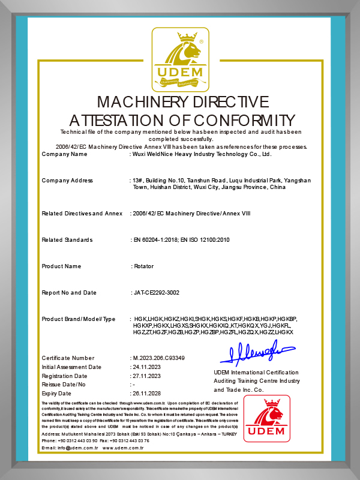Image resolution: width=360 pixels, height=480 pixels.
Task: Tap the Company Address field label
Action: (x=67, y=181)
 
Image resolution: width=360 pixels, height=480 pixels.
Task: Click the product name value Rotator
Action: (x=143, y=266)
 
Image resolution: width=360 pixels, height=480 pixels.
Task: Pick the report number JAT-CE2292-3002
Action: (x=155, y=293)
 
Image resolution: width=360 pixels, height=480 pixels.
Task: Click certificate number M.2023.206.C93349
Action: (x=159, y=358)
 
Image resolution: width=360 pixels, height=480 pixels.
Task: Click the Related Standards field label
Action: (x=67, y=240)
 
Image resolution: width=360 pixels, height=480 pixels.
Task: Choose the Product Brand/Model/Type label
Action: (x=79, y=319)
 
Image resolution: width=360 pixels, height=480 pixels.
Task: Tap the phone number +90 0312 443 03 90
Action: (x=76, y=440)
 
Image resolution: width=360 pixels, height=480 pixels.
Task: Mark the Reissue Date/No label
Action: (x=64, y=384)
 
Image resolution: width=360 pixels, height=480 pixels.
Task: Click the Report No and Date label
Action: (x=69, y=293)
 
